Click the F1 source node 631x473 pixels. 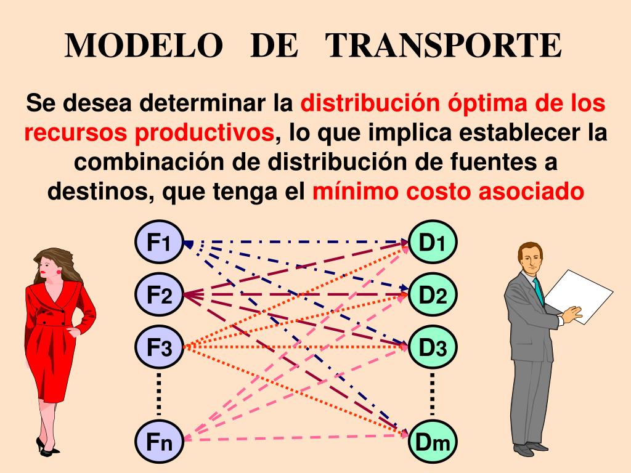[x=158, y=242]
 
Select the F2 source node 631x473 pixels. [x=158, y=295]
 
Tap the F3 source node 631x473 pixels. [x=158, y=347]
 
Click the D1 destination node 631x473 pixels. [x=433, y=242]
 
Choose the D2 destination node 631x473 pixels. [x=433, y=295]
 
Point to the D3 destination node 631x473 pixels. [x=433, y=347]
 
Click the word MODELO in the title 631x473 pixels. [x=144, y=46]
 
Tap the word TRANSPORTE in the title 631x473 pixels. [x=443, y=46]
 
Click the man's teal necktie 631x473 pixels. [x=539, y=289]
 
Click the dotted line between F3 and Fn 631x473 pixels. [x=158, y=394]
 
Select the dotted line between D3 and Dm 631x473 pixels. [x=433, y=394]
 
